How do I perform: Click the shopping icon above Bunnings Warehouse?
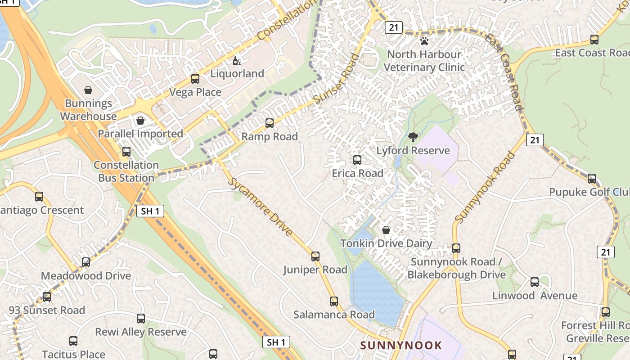tap(88, 90)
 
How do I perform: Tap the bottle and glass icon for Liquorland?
tap(237, 61)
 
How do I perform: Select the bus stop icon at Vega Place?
tap(195, 79)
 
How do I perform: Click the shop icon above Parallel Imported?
tap(140, 121)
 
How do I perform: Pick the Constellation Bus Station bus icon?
tap(126, 152)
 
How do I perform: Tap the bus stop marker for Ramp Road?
tap(270, 123)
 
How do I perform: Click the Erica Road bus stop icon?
tap(357, 160)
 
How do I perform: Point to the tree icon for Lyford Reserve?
tap(413, 137)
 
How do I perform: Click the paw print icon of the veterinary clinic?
tap(424, 41)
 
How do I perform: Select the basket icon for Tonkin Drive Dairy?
tap(386, 230)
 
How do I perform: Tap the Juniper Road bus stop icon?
tap(315, 256)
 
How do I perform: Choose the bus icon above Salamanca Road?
tap(334, 301)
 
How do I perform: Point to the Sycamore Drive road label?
tap(262, 207)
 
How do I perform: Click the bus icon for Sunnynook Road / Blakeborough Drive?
tap(456, 248)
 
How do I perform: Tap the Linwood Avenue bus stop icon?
tap(535, 282)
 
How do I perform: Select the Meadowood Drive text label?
tap(86, 276)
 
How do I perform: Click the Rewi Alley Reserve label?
tap(141, 332)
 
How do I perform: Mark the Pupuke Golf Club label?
tap(589, 192)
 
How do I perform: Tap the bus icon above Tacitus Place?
tap(73, 341)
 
